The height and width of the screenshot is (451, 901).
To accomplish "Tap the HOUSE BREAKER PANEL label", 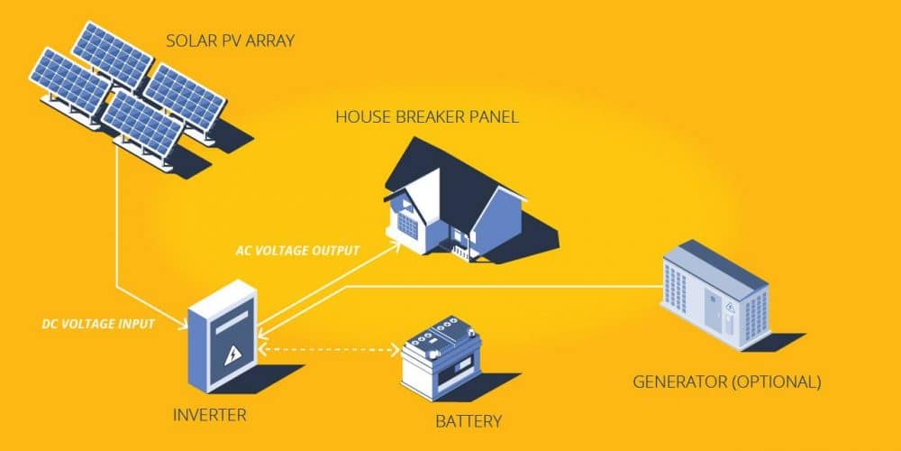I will pyautogui.click(x=426, y=116).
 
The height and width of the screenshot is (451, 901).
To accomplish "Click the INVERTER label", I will pyautogui.click(x=209, y=416).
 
